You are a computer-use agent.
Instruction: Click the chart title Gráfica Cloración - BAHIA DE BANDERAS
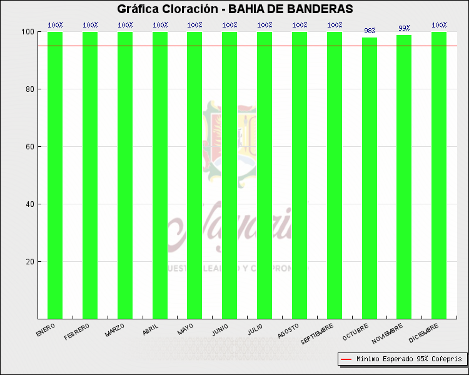pyautogui.click(x=234, y=9)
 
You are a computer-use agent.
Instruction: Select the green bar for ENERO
pyautogui.click(x=55, y=175)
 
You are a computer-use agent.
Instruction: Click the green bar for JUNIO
pyautogui.click(x=229, y=175)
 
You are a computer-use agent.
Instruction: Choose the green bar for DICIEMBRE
pyautogui.click(x=439, y=175)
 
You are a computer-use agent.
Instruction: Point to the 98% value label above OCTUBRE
pyautogui.click(x=370, y=31)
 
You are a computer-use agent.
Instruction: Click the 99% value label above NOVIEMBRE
pyautogui.click(x=404, y=28)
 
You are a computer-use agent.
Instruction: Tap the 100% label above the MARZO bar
pyautogui.click(x=125, y=25)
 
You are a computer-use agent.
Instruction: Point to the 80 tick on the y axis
pyautogui.click(x=29, y=89)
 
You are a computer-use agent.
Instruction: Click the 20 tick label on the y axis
pyautogui.click(x=29, y=262)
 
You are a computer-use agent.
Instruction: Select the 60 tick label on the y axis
pyautogui.click(x=29, y=147)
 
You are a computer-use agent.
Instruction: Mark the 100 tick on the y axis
pyautogui.click(x=28, y=32)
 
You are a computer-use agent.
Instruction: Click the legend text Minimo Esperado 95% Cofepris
pyautogui.click(x=409, y=359)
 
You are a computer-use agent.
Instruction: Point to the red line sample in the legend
pyautogui.click(x=346, y=359)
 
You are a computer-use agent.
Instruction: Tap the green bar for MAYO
pyautogui.click(x=194, y=175)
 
